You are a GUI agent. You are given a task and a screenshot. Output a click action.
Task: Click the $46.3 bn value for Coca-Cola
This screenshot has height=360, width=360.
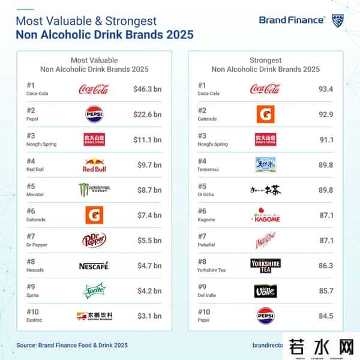(x=147, y=90)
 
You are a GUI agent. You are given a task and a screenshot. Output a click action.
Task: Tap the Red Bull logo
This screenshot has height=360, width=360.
(x=94, y=165)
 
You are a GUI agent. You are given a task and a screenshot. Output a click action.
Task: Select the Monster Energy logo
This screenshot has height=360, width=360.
(x=94, y=190)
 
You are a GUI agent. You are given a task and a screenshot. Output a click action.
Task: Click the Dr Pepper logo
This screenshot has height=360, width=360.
(x=94, y=240)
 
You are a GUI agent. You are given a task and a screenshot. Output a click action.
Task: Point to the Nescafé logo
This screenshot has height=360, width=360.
(x=94, y=265)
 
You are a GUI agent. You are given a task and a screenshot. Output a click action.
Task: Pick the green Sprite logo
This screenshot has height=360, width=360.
(x=94, y=290)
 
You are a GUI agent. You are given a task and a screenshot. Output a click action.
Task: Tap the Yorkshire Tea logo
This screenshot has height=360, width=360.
(x=265, y=265)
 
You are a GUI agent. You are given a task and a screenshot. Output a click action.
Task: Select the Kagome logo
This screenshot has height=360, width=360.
(x=265, y=215)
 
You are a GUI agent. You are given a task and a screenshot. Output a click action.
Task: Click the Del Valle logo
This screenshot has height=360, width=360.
(x=265, y=290)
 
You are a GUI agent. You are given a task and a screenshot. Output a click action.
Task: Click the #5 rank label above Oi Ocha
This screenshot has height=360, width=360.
(x=202, y=186)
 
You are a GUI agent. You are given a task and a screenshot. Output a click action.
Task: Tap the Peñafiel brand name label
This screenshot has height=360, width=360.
(x=207, y=244)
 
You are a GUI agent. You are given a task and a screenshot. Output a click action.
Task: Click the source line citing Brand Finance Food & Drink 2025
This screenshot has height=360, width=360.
(x=72, y=346)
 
